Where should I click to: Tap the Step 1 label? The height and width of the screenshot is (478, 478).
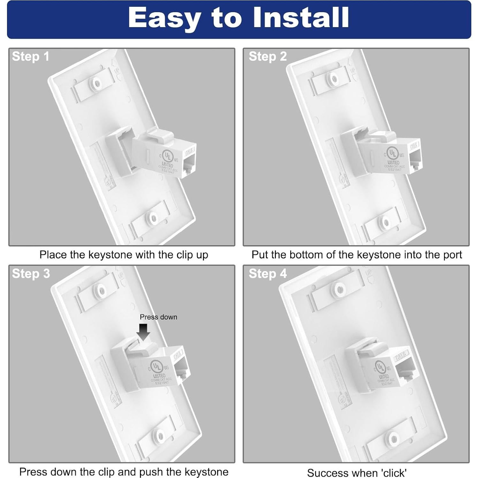click(x=31, y=57)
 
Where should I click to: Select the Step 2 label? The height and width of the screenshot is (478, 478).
click(x=268, y=57)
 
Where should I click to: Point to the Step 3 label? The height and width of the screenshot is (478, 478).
click(x=31, y=274)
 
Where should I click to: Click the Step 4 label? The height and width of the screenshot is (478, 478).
click(x=268, y=274)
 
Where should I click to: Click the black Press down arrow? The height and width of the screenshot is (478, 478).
click(x=143, y=332)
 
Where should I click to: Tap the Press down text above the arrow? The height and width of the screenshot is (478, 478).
click(x=158, y=317)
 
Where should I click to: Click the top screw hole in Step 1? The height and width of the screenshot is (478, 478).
click(x=97, y=83)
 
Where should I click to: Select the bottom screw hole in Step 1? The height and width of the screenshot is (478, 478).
click(x=153, y=219)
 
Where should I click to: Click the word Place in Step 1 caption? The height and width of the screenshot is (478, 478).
click(x=53, y=255)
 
